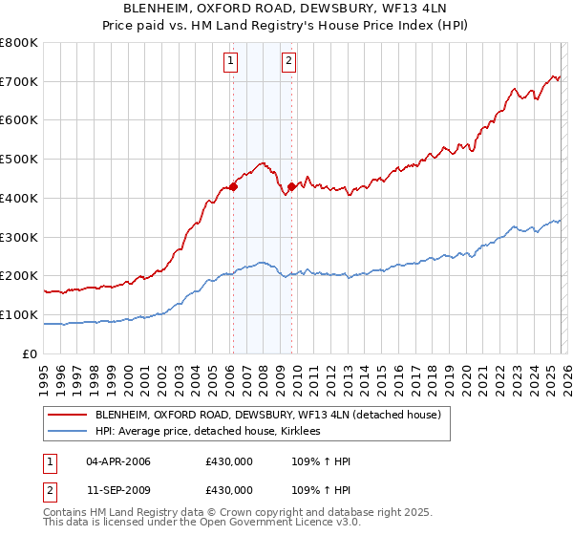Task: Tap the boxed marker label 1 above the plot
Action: [231, 62]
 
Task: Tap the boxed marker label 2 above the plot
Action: [288, 62]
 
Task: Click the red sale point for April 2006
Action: [232, 187]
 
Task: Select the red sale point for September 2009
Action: [291, 187]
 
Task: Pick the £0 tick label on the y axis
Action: [31, 353]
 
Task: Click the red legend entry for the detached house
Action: [267, 416]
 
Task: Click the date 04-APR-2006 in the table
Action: [118, 461]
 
